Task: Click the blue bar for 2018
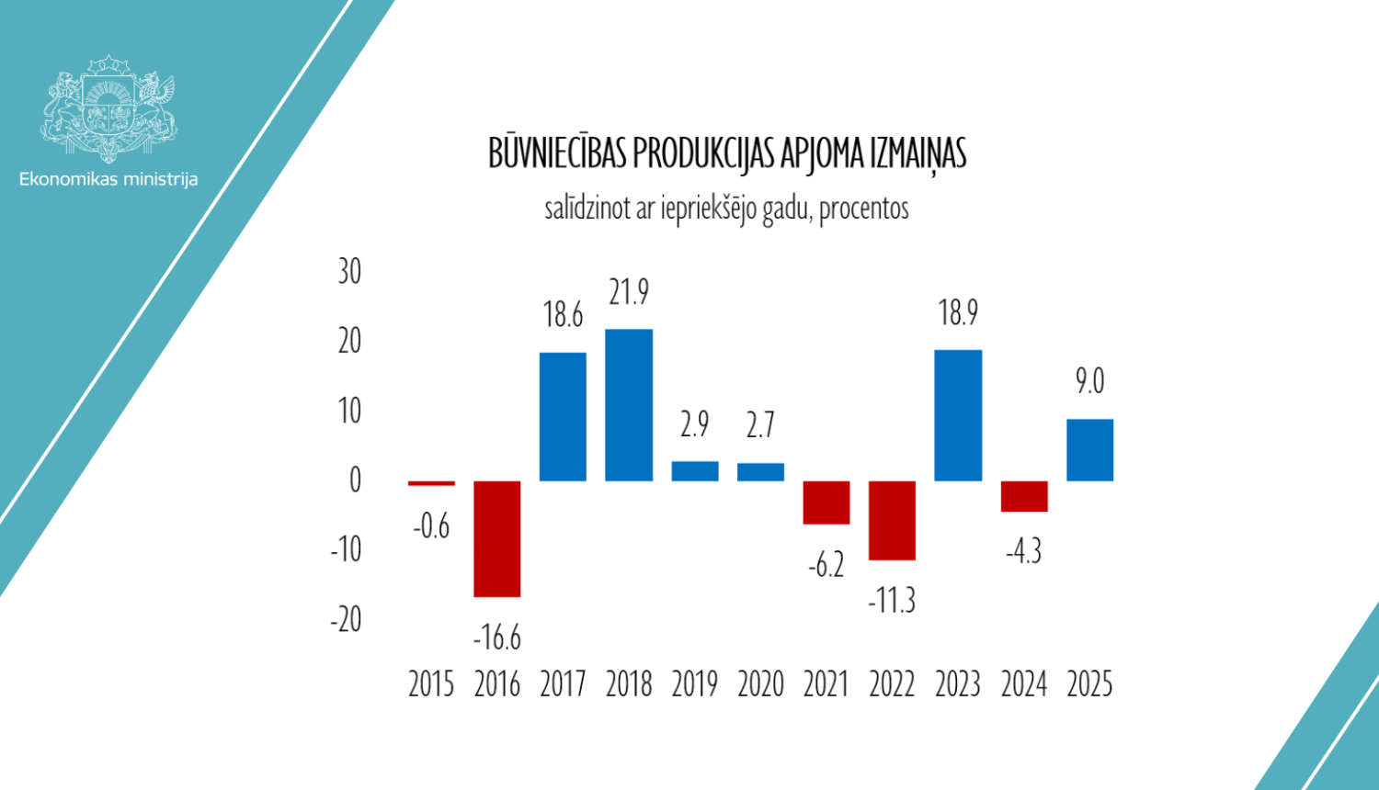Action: pos(629,405)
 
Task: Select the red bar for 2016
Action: pos(497,538)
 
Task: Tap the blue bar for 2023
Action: pos(958,415)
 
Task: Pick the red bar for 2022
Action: pos(892,520)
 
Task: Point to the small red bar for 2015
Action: pos(431,483)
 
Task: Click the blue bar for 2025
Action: pos(1089,450)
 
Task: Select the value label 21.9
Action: pos(629,292)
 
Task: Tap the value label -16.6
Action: pos(497,637)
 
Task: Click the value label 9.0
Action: pos(1089,380)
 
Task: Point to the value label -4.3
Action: pos(1023,551)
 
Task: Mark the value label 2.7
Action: pos(760,424)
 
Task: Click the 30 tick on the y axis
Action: pos(349,272)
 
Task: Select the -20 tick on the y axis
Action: pos(346,619)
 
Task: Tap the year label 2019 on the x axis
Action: pos(695,684)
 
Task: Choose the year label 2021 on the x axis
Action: pos(826,684)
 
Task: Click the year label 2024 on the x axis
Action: pos(1023,684)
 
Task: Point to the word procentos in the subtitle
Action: pos(863,209)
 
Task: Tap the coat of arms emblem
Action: pos(108,108)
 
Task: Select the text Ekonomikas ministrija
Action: pos(108,179)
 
